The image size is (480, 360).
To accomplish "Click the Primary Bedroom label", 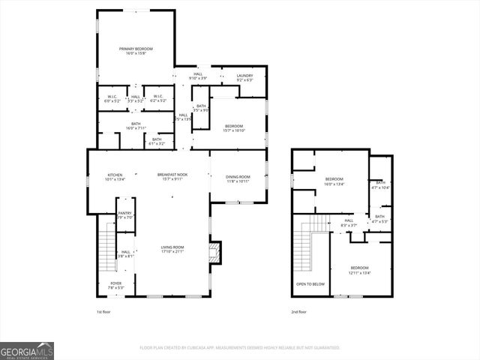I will click(136, 51).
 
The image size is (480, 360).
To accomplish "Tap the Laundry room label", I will click(244, 77).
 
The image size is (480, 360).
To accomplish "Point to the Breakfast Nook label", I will click(172, 177).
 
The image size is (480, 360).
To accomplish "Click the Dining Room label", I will click(238, 178).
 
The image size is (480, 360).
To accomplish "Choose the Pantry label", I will click(124, 215).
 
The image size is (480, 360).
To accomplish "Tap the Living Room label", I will click(172, 249).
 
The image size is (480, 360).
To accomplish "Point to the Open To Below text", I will click(310, 284).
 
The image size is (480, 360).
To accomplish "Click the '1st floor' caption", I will click(103, 312).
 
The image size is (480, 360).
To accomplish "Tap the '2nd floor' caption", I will click(299, 312).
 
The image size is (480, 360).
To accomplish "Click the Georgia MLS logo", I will click(27, 350).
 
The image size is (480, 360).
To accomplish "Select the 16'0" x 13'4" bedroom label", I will click(334, 181).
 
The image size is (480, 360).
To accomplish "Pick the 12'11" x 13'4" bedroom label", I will click(360, 270).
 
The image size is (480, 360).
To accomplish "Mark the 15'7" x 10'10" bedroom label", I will click(233, 128).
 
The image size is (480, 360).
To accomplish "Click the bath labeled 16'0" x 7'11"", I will click(136, 126).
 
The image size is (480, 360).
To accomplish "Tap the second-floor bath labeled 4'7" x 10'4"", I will click(381, 184).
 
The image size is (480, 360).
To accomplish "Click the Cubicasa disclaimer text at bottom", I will click(240, 348).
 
